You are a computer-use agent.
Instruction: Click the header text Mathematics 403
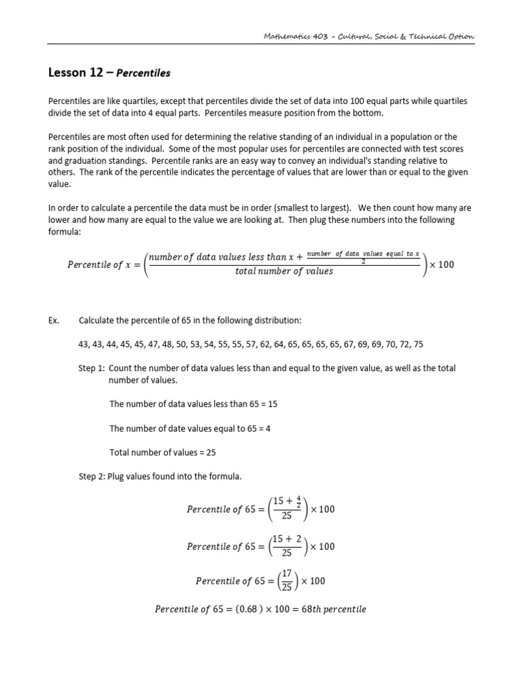coord(296,36)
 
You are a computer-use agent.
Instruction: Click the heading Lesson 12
coord(75,72)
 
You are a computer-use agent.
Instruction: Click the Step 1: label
coord(92,368)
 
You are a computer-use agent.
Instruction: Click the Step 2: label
coord(92,476)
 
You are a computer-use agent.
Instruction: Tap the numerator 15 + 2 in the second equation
coord(288,539)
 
